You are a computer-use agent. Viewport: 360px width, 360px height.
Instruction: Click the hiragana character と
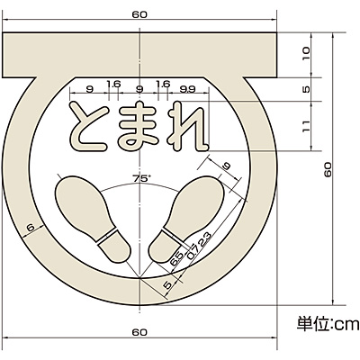pyautogui.click(x=88, y=126)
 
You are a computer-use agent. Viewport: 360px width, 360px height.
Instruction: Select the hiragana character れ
pyautogui.click(x=188, y=126)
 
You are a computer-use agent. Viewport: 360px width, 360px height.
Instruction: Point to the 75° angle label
pyautogui.click(x=140, y=178)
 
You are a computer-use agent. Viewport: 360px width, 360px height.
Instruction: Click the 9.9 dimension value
pyautogui.click(x=187, y=89)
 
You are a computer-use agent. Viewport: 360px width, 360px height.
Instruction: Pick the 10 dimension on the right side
pyautogui.click(x=305, y=55)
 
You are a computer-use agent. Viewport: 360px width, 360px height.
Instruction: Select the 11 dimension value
pyautogui.click(x=305, y=126)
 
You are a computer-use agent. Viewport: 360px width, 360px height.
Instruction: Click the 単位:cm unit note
pyautogui.click(x=328, y=324)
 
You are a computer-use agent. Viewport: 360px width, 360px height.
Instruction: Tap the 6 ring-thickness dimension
pyautogui.click(x=31, y=228)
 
